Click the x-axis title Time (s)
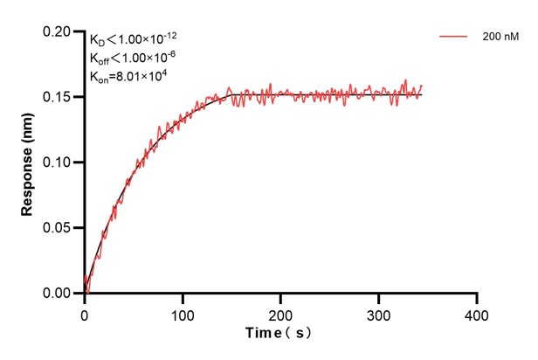(x=279, y=334)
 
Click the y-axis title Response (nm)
(x=27, y=163)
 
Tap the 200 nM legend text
(x=497, y=38)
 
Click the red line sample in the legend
(x=453, y=38)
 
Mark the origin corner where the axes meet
(x=85, y=294)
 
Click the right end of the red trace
(x=422, y=87)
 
